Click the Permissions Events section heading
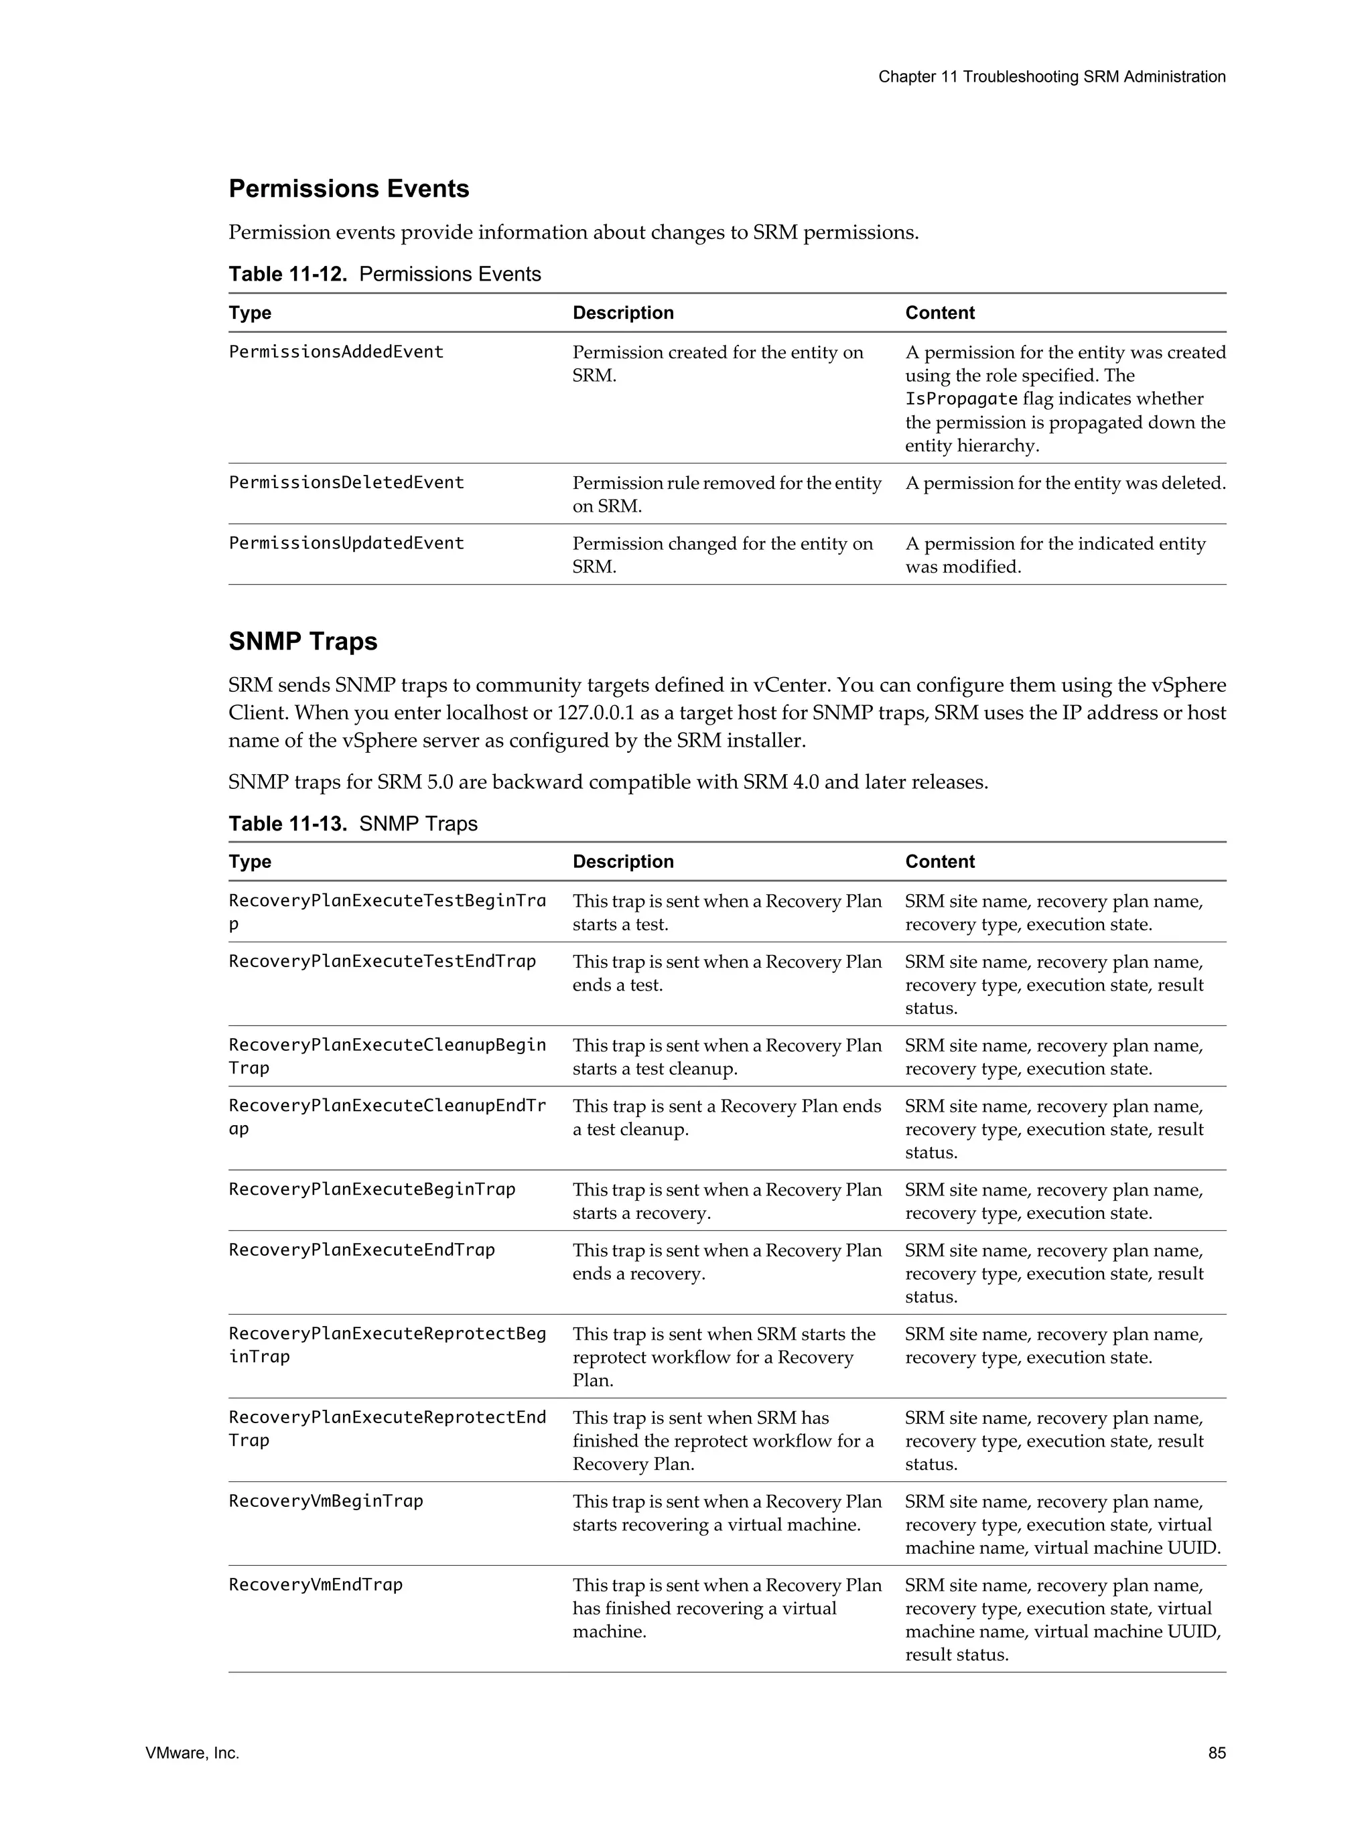(x=348, y=188)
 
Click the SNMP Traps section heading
(x=303, y=642)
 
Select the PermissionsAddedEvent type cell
(x=336, y=352)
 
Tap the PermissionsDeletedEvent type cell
(x=346, y=483)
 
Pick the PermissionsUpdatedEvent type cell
(x=346, y=543)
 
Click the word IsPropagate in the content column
(x=960, y=399)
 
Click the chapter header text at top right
(x=1051, y=77)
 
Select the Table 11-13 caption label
(x=287, y=824)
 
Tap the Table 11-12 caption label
(x=287, y=275)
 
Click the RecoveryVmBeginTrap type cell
(x=326, y=1501)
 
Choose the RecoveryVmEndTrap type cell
(x=315, y=1585)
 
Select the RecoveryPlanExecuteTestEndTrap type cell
(x=382, y=961)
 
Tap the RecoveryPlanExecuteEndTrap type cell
(x=361, y=1250)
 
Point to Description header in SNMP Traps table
(x=623, y=861)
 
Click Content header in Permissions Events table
(x=939, y=313)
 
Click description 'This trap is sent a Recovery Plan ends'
(x=726, y=1106)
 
